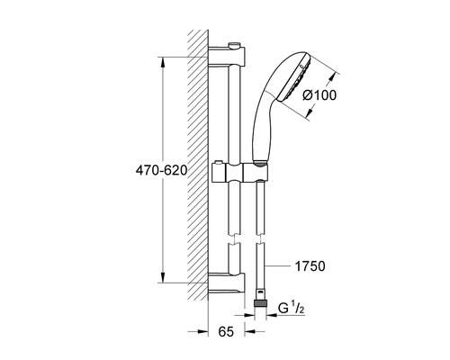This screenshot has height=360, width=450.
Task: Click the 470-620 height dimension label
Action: pos(161,170)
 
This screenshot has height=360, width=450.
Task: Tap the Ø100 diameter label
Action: pos(319,95)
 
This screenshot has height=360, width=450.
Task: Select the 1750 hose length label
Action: pos(310,266)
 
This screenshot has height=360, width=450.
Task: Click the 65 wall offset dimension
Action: pos(226,331)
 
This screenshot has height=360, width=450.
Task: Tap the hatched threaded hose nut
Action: pos(260,303)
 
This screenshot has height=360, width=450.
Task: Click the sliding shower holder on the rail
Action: pos(239,173)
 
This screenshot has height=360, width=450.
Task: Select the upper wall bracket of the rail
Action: pos(227,56)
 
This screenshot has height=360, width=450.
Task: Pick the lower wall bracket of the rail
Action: pos(227,283)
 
